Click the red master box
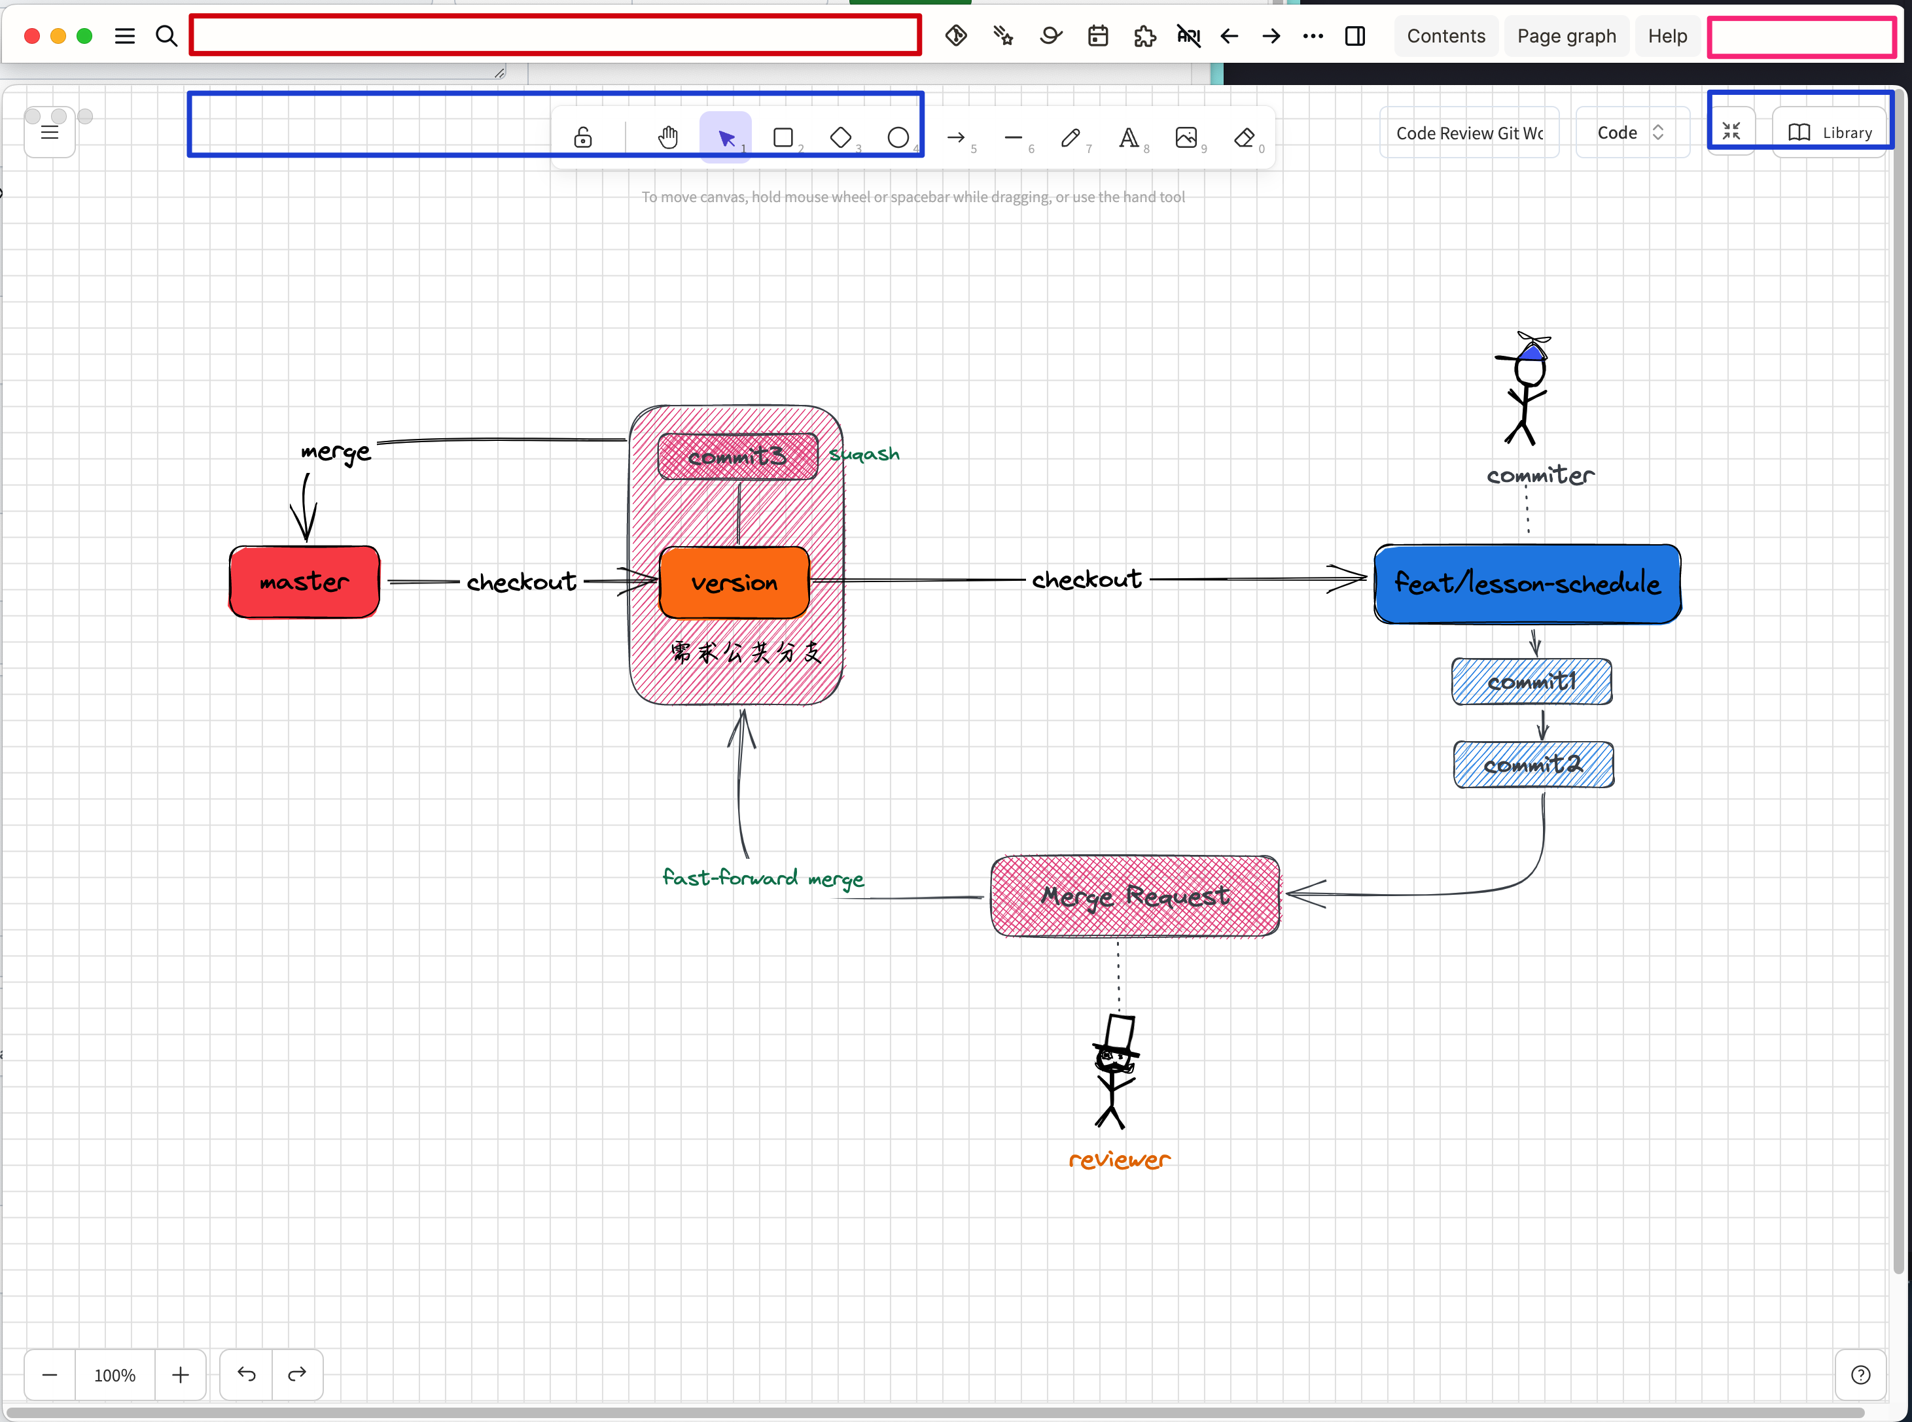(x=304, y=582)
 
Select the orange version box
(x=734, y=583)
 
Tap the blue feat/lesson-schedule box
(x=1527, y=583)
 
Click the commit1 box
(x=1531, y=682)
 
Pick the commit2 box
(x=1532, y=765)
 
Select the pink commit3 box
(x=737, y=456)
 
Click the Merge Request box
(x=1135, y=896)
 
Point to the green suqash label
(x=864, y=455)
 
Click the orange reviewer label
(x=1119, y=1160)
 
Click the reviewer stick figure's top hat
(x=1118, y=1033)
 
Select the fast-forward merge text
(x=763, y=878)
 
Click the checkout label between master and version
(x=521, y=583)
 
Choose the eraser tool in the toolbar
(x=1244, y=137)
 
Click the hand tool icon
(x=668, y=137)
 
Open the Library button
(x=1830, y=133)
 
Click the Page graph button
(x=1566, y=36)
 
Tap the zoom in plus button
(x=180, y=1375)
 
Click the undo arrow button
(x=246, y=1375)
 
